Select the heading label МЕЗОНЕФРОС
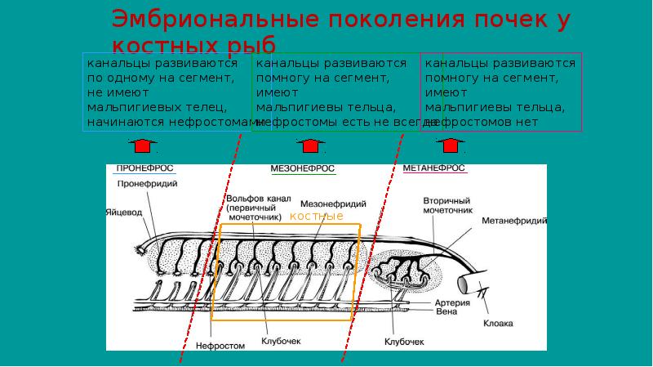click(302, 169)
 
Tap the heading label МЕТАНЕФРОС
click(434, 169)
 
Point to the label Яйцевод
click(124, 210)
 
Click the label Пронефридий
click(143, 184)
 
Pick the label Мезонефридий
click(333, 204)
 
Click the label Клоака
click(497, 324)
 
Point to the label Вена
click(443, 311)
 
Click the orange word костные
click(316, 217)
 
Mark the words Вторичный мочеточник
click(448, 205)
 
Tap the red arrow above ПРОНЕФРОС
click(142, 145)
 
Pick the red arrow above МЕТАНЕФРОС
click(447, 145)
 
